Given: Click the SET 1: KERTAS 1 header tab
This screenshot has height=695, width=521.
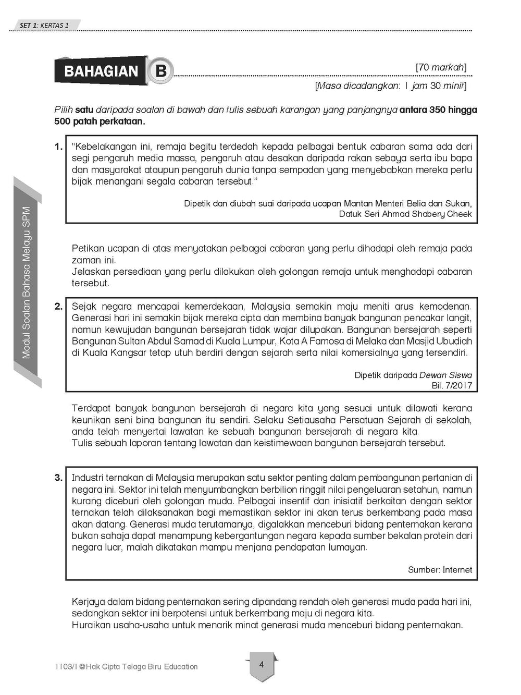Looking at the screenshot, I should [44, 25].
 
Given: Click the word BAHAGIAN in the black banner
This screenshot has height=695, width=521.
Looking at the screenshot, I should [101, 71].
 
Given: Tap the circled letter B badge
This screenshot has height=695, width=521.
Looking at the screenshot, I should [160, 70].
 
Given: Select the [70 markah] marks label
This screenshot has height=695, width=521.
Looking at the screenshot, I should [441, 67].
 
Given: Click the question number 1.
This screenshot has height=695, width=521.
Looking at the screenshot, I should [58, 147].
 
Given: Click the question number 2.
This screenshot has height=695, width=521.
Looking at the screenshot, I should [58, 307].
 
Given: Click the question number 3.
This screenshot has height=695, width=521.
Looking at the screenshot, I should [58, 478].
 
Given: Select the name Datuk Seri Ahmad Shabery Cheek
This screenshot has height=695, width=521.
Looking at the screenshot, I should [405, 214].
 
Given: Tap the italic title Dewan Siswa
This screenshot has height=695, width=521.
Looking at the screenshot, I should [445, 375].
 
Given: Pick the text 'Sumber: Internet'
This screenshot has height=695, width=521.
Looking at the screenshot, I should [440, 570].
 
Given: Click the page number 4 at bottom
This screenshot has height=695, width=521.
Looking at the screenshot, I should [262, 665].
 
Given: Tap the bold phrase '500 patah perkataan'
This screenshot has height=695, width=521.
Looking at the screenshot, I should [99, 121].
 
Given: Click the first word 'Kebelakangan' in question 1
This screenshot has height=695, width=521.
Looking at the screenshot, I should [102, 147].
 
